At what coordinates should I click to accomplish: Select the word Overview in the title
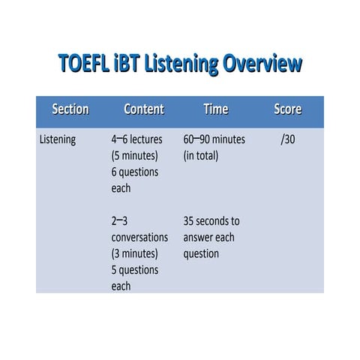click(x=260, y=64)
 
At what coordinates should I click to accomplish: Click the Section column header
click(x=70, y=109)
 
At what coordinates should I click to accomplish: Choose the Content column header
click(x=143, y=109)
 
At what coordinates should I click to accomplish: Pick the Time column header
click(x=215, y=109)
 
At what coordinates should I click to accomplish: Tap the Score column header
click(x=287, y=109)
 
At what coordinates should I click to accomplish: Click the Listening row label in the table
click(x=57, y=139)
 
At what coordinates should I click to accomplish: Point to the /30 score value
click(x=287, y=139)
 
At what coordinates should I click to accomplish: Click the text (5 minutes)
click(x=134, y=156)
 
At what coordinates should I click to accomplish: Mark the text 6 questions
click(x=135, y=172)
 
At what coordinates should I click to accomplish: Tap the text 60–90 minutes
click(x=214, y=139)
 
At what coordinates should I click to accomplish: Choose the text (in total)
click(x=201, y=156)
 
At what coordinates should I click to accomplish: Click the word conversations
click(x=139, y=238)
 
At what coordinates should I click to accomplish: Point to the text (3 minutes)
click(x=134, y=253)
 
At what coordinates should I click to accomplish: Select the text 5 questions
click(x=135, y=270)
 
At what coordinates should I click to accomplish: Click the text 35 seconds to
click(x=211, y=221)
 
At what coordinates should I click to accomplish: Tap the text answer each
click(x=208, y=238)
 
